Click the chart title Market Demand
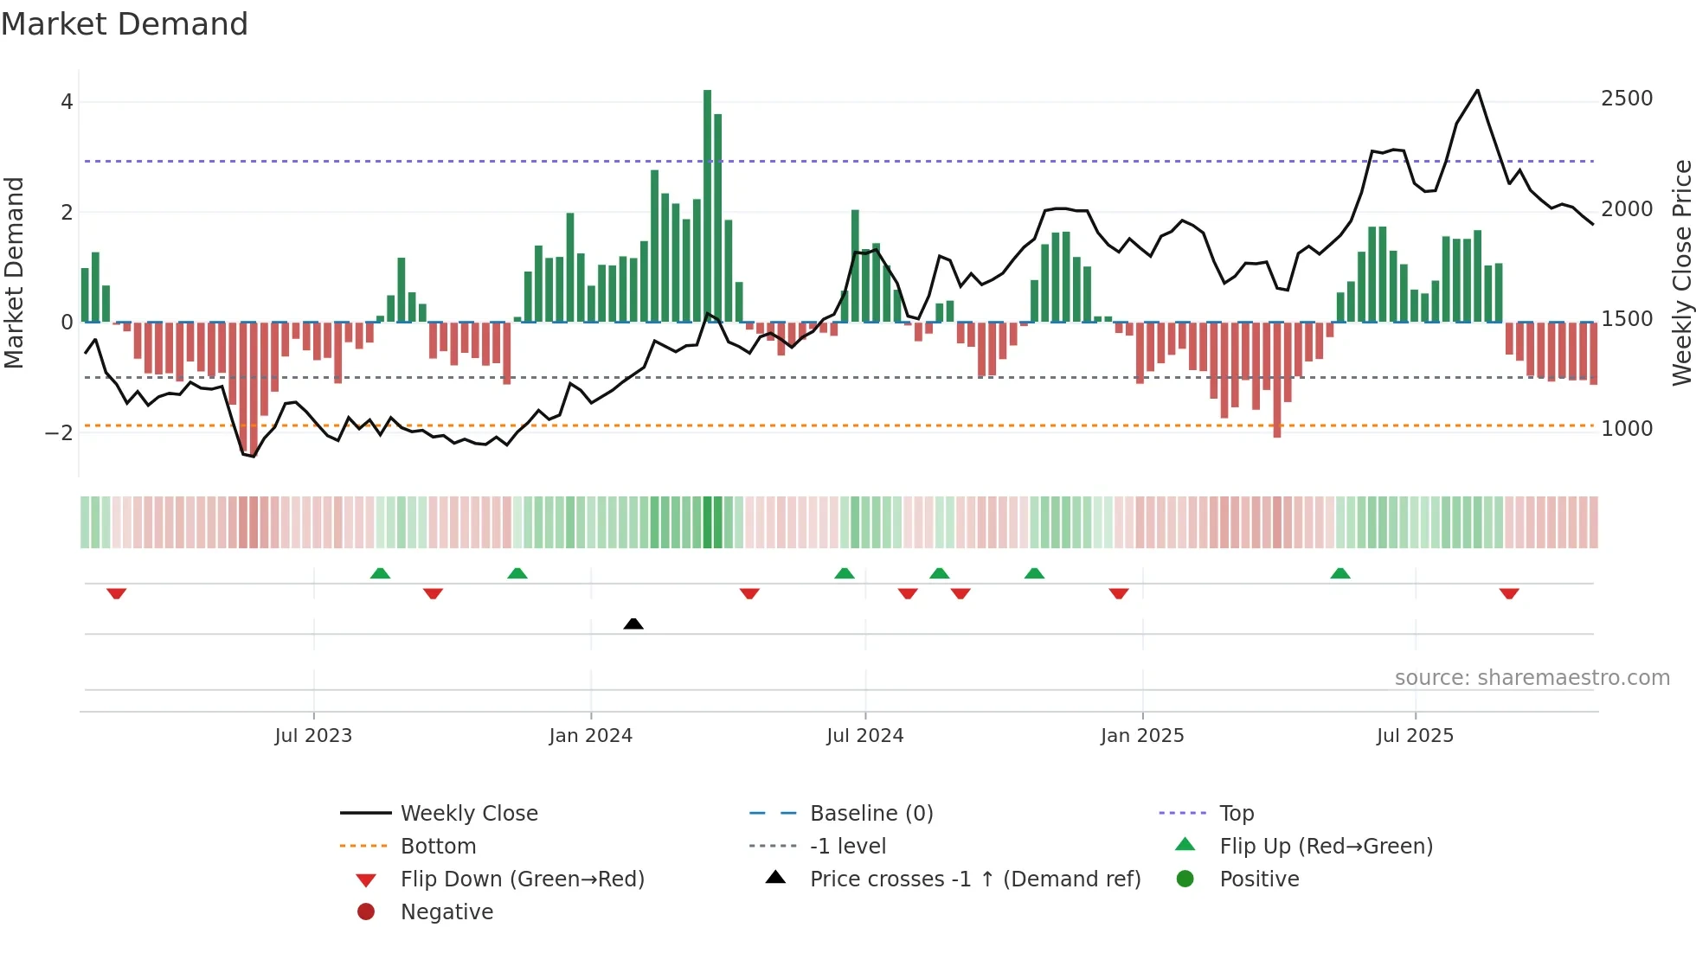[125, 24]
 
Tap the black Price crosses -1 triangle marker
[633, 624]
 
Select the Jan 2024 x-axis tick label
[590, 736]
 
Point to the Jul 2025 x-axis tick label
[1415, 736]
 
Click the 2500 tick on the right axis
[1627, 99]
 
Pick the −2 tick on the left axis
[59, 433]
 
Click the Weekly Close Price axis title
[1681, 272]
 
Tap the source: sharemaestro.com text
[1532, 678]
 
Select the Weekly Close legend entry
[468, 814]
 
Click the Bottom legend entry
[438, 847]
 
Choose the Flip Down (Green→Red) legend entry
[522, 879]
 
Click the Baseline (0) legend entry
[870, 814]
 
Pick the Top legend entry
[1236, 814]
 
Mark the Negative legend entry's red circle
[366, 912]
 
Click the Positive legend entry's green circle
[1185, 879]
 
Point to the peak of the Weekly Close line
[1477, 90]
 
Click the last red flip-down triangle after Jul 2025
[1509, 593]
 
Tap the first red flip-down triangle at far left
[117, 593]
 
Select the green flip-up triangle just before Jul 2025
[1340, 573]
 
